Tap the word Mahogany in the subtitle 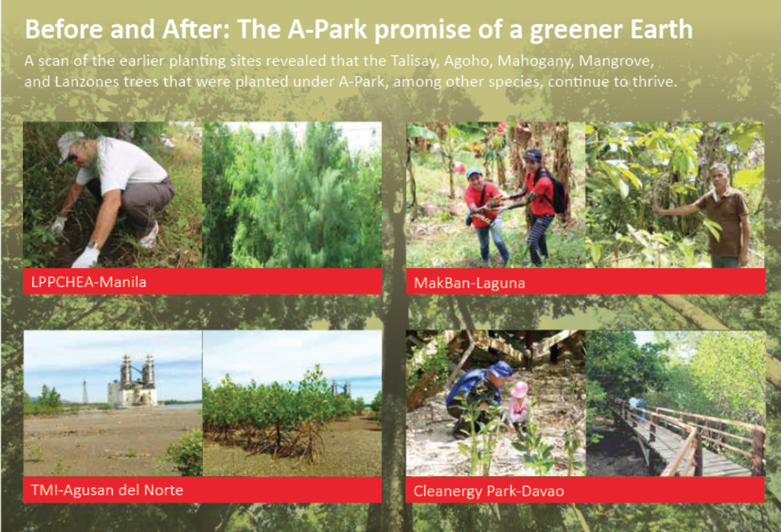pos(535,61)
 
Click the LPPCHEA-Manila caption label pos(89,282)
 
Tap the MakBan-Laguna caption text pos(469,283)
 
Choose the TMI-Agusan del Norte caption pos(107,490)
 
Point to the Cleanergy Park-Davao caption pos(489,491)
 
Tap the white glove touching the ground pos(86,257)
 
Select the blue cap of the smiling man pos(473,173)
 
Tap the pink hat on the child pos(519,389)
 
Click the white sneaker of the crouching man pos(150,236)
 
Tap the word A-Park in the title pos(327,30)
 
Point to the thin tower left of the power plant pos(85,392)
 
